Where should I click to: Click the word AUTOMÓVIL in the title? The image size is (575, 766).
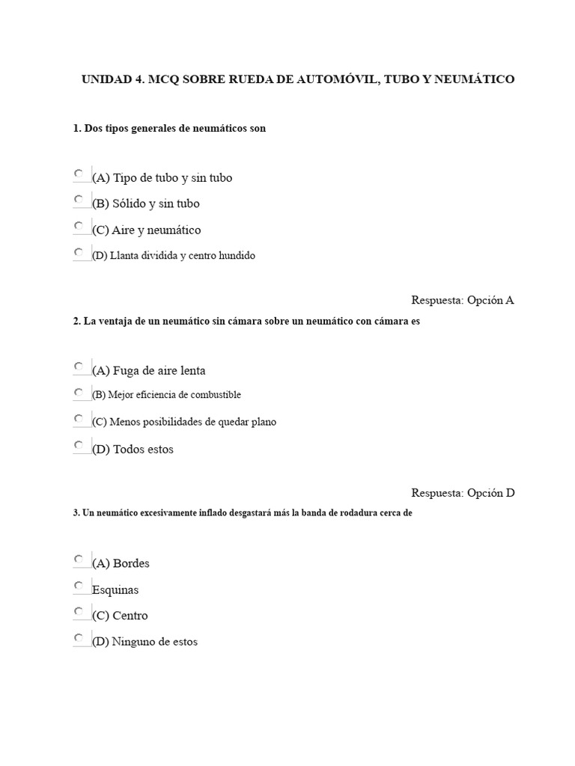click(x=337, y=79)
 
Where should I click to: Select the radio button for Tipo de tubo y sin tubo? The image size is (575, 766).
click(x=79, y=174)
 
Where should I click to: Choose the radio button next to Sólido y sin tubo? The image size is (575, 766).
click(x=79, y=200)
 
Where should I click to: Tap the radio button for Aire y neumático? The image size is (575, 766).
click(x=79, y=226)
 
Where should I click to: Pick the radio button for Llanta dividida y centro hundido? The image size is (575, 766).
click(x=79, y=251)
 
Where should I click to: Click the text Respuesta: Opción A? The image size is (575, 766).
click(x=463, y=301)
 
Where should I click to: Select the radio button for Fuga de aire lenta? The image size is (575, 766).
click(x=79, y=367)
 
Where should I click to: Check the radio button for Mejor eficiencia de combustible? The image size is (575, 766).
click(x=79, y=392)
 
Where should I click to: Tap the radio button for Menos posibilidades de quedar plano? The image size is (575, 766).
click(x=79, y=418)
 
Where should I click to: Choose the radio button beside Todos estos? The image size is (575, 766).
click(x=79, y=445)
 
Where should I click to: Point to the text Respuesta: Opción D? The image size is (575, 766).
click(x=463, y=493)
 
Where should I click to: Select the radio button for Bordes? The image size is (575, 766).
click(x=79, y=559)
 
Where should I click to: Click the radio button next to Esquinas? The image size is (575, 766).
click(x=79, y=585)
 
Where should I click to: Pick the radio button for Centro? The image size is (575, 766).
click(x=79, y=611)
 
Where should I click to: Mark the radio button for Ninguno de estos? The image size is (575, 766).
click(x=79, y=638)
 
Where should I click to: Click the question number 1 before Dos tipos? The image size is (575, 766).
click(x=76, y=129)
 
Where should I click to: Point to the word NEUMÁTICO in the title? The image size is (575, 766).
click(x=475, y=79)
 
